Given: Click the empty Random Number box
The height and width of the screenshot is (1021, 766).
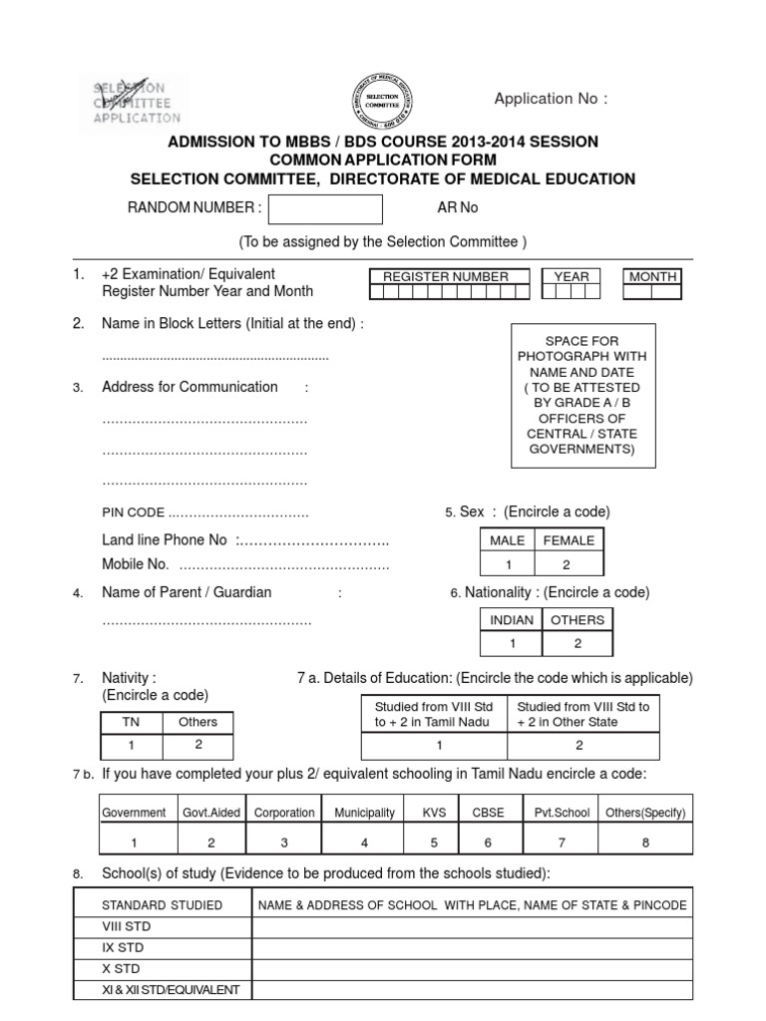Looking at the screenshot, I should [325, 209].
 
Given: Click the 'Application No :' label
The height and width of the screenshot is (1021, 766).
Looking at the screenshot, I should [551, 98].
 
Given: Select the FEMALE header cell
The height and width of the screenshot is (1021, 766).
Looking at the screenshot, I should [569, 540].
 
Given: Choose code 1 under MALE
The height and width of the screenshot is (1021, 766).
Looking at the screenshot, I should [508, 564].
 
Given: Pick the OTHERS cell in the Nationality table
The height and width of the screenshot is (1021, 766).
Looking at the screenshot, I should [577, 619].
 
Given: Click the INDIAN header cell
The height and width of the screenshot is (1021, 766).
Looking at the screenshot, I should [512, 619].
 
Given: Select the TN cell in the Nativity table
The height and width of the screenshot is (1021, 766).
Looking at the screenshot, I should [131, 722].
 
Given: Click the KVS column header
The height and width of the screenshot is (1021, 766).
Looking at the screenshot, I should [434, 813].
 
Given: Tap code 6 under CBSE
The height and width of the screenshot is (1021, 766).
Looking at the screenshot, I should [488, 842].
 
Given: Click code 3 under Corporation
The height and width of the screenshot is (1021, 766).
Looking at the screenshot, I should [284, 842].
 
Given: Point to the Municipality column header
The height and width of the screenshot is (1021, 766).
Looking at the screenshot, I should [364, 813].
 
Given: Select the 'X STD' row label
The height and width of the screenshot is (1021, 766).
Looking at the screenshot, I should [122, 968].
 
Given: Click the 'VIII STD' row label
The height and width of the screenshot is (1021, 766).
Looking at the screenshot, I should [126, 926].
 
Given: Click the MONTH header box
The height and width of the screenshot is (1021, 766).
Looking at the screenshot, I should [653, 276].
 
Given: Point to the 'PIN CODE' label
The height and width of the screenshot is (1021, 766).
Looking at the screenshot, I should [133, 512].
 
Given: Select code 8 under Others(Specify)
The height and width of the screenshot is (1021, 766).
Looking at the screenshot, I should [645, 842].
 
